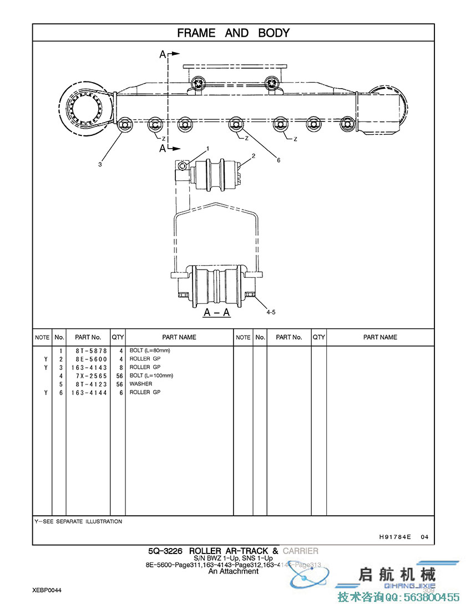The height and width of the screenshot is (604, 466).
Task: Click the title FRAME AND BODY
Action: pyautogui.click(x=233, y=33)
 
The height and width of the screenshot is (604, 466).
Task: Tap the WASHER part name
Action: pyautogui.click(x=141, y=384)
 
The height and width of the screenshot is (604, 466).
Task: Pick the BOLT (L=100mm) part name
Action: pyautogui.click(x=151, y=375)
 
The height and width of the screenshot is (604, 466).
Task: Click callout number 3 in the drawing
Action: pyautogui.click(x=100, y=164)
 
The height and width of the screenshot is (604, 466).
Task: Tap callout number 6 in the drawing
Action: pyautogui.click(x=278, y=160)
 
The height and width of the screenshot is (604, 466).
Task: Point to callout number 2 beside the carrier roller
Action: pyautogui.click(x=253, y=156)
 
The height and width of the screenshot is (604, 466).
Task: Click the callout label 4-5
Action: pyautogui.click(x=271, y=312)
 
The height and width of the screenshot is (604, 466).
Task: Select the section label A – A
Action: pyautogui.click(x=217, y=313)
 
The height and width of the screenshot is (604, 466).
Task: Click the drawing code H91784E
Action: pyautogui.click(x=395, y=537)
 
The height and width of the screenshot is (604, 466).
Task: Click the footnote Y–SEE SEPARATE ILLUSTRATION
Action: pyautogui.click(x=78, y=521)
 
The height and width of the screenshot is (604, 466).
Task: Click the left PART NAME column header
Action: pyautogui.click(x=179, y=337)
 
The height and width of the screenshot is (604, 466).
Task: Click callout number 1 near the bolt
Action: pyautogui.click(x=207, y=149)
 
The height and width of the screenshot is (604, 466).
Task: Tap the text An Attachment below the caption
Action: pyautogui.click(x=233, y=571)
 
